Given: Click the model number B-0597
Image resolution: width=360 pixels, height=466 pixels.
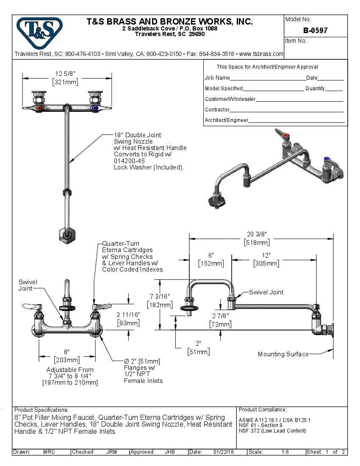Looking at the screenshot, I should [315, 31].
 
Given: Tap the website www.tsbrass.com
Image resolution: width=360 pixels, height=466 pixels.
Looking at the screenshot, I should [261, 54].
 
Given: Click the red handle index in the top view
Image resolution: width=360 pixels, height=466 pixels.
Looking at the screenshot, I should [39, 108].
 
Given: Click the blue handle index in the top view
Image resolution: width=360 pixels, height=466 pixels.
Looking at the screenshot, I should [94, 108].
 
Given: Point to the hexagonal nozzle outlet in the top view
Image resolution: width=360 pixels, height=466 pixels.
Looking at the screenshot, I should [66, 235].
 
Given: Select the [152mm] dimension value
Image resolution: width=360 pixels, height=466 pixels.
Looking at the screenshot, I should [211, 264].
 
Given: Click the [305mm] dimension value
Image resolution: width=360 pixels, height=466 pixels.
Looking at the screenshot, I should [266, 264].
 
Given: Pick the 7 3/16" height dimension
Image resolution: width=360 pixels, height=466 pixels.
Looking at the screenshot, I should [159, 297].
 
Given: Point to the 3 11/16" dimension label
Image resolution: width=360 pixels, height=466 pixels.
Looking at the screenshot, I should [128, 315].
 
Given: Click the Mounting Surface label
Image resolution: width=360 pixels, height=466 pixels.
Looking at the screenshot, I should [283, 354].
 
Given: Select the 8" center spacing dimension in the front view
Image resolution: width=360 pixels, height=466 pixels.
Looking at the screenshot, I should [66, 352].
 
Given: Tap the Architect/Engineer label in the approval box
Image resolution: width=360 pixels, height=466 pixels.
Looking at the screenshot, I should [226, 120].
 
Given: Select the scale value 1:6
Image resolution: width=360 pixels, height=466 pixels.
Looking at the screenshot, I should [285, 452].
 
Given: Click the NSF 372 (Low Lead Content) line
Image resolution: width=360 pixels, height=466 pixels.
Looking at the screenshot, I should [272, 431].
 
